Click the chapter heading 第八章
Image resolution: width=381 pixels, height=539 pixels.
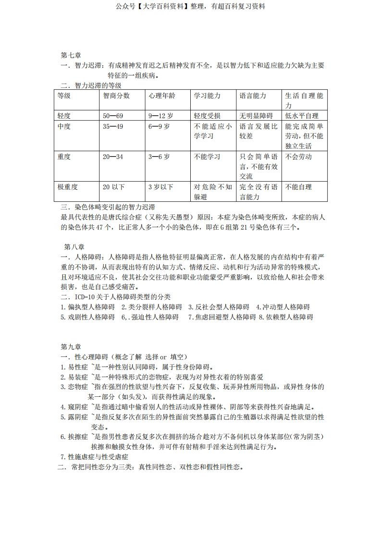[x=74, y=247]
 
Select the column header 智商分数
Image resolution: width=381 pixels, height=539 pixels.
[x=116, y=96]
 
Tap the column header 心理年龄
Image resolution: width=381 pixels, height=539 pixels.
[x=162, y=96]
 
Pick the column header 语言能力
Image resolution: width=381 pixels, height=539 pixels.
[x=253, y=96]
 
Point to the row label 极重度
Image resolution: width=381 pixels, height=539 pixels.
[x=67, y=187]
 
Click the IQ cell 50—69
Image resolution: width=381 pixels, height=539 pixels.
[x=113, y=116]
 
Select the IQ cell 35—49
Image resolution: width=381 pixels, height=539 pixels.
[x=113, y=126]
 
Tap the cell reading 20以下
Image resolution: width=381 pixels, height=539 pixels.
[x=113, y=187]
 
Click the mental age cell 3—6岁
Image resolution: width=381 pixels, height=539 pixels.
[x=159, y=157]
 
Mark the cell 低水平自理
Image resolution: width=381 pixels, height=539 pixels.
[x=301, y=116]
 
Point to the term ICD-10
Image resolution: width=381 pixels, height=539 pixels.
[x=85, y=296]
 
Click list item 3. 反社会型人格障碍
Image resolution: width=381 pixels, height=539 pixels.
[x=219, y=306]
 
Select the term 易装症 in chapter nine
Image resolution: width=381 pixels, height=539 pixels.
[x=77, y=377]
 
